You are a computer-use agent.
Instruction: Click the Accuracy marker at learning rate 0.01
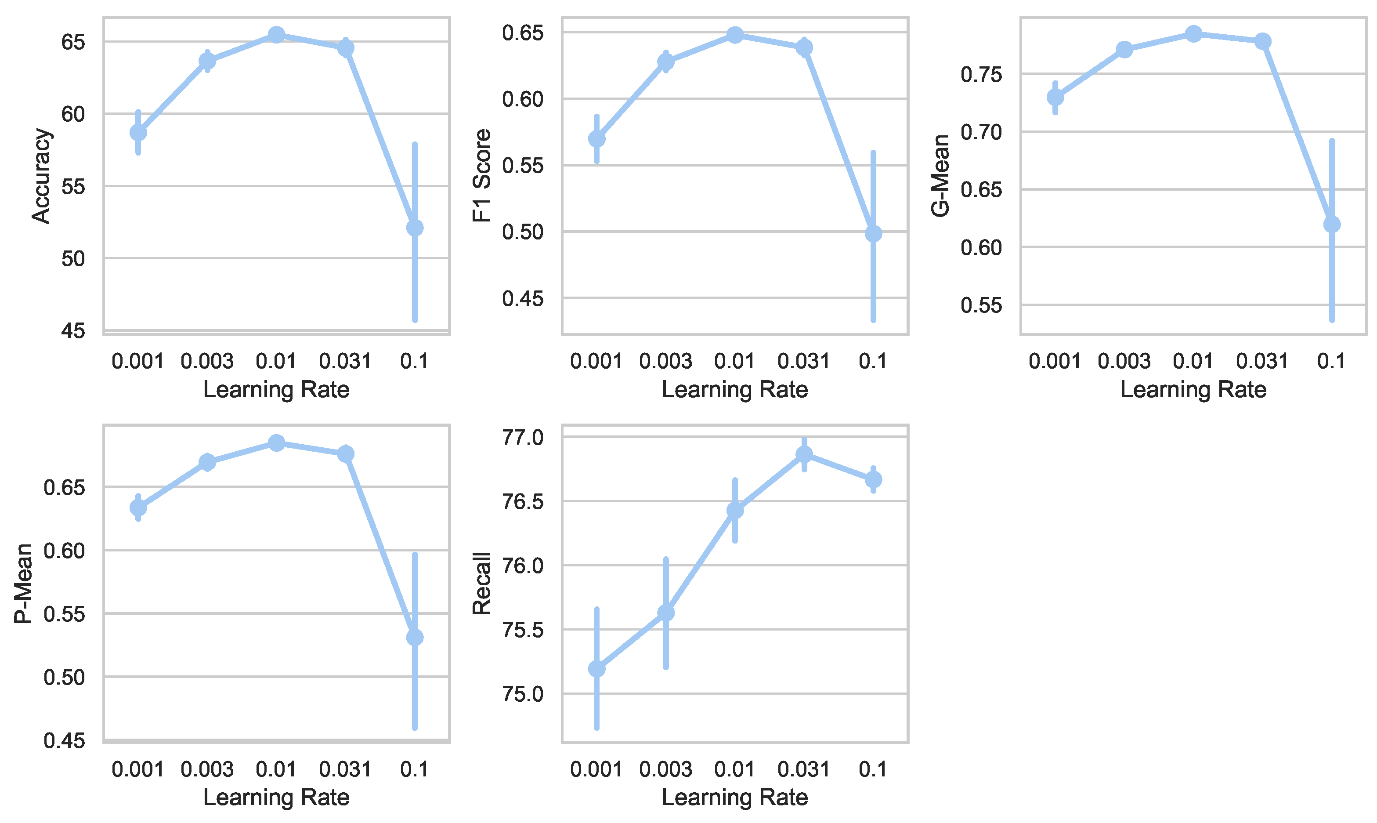276,35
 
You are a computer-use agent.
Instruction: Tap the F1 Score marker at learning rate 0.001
596,139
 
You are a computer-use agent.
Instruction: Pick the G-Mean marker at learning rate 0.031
1263,42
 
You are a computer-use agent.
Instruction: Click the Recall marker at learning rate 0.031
804,455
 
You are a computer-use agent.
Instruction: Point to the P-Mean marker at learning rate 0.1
415,638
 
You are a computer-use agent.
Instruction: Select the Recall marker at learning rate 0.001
596,669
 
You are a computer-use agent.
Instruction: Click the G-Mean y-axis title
941,176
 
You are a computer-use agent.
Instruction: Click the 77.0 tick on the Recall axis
523,438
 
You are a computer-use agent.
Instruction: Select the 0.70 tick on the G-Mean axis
981,132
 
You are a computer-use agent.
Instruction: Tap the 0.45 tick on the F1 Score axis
523,298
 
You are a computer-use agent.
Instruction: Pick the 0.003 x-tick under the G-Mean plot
1124,361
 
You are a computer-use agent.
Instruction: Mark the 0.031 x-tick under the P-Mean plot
345,769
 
